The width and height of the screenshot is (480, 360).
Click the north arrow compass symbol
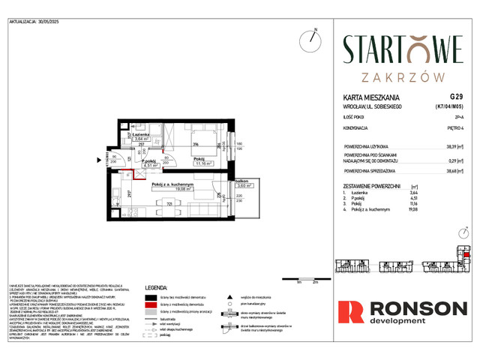coord(311,38)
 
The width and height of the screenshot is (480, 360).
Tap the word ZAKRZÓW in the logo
coord(403,76)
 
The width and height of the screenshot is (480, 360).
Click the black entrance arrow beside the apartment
coord(97,159)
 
